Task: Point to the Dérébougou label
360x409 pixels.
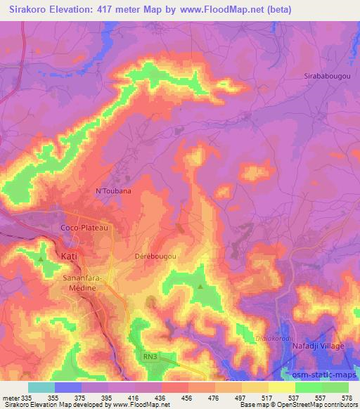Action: point(155,257)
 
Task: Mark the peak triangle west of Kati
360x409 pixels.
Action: point(41,259)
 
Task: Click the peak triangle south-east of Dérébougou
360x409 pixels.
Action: point(200,287)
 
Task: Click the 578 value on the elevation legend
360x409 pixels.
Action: point(347,398)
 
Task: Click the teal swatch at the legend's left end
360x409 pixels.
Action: point(41,387)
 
